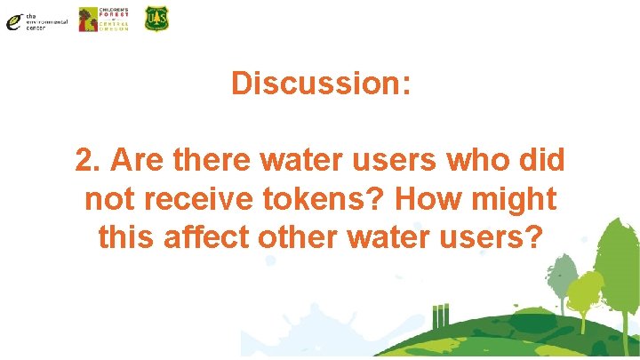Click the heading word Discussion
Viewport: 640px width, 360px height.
(320, 84)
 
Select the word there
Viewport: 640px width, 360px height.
(213, 161)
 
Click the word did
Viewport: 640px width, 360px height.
(541, 161)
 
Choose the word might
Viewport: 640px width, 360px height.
(515, 199)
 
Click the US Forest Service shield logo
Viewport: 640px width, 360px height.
(156, 19)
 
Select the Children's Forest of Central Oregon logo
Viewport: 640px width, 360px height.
(103, 19)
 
